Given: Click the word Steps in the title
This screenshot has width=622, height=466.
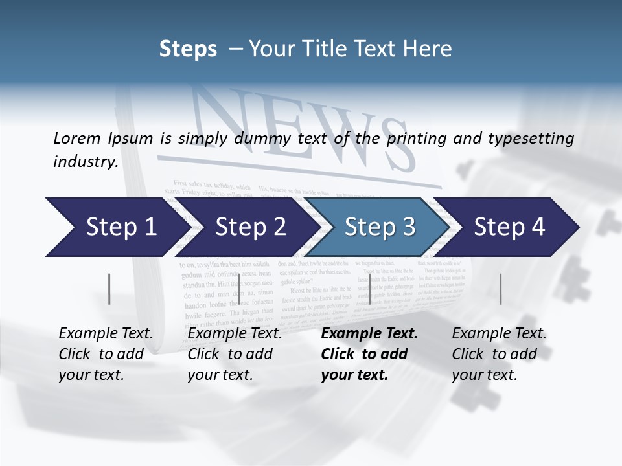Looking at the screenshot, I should [x=188, y=49].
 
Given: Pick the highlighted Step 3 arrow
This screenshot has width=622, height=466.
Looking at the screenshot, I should [x=380, y=227].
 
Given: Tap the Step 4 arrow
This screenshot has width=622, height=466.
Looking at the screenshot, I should [x=509, y=227].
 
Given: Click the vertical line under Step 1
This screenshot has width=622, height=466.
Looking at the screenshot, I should [x=109, y=289].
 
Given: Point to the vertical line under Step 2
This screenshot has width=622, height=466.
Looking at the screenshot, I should [x=239, y=289].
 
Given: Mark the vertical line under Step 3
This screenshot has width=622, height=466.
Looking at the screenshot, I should [x=369, y=289].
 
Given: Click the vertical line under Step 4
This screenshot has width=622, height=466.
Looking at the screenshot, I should [x=500, y=289].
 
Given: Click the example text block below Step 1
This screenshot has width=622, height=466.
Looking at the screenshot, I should [x=106, y=354].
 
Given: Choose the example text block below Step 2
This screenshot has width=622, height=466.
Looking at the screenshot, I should [x=235, y=354].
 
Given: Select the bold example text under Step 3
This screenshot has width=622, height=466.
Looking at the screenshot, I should [x=369, y=354].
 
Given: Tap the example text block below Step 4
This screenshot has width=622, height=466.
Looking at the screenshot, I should [x=499, y=354].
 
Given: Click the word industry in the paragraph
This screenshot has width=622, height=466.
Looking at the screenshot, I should [x=85, y=162].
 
